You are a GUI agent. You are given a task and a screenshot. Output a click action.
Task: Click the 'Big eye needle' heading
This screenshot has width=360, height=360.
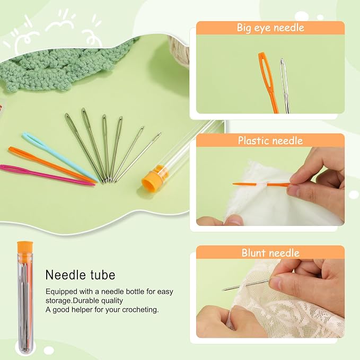point(270,28)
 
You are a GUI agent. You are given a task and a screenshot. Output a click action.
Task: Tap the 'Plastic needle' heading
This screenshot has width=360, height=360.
point(270,141)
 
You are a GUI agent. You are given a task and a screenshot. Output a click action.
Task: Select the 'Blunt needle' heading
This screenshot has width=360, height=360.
point(270,253)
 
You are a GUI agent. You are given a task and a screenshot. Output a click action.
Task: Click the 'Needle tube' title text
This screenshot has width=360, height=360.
point(81,275)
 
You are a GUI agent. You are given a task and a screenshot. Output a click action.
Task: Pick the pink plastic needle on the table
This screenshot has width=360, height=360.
point(47,174)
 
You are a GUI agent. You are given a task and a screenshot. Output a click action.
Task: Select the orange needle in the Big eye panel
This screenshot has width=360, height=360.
point(268,83)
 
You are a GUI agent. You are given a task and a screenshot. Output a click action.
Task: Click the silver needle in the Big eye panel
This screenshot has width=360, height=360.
point(285,86)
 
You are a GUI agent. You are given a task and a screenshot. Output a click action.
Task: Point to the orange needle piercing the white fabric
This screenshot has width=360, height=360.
point(261,184)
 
